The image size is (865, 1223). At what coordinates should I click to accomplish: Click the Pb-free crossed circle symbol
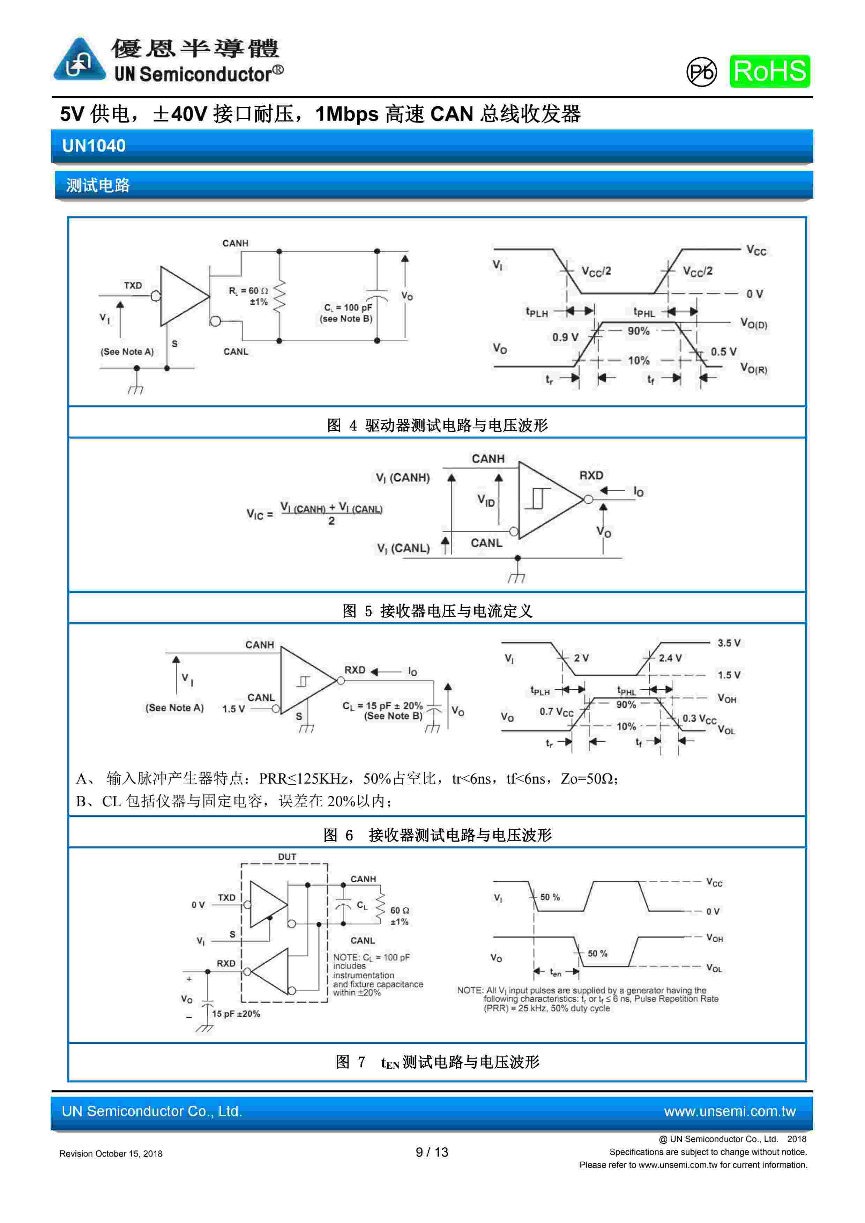(701, 72)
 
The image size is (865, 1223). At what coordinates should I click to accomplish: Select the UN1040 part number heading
(94, 146)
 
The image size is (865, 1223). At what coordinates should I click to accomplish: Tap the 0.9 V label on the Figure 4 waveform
(565, 337)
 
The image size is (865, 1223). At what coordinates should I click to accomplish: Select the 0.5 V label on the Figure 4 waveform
(723, 351)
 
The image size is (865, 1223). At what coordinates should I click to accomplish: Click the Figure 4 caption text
(437, 425)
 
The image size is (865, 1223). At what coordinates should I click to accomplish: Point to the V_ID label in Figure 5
(486, 501)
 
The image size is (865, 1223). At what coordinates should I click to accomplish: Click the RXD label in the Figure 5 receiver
(591, 475)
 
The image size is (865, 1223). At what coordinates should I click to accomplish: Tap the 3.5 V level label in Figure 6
(729, 643)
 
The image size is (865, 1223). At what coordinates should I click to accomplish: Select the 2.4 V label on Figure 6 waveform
(670, 658)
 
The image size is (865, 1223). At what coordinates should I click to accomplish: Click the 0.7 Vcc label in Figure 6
(556, 712)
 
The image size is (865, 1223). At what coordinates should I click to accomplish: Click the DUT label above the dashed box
(286, 857)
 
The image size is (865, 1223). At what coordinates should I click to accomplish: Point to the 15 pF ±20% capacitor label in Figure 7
(236, 1014)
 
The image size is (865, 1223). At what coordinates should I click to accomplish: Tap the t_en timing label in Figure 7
(555, 973)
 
